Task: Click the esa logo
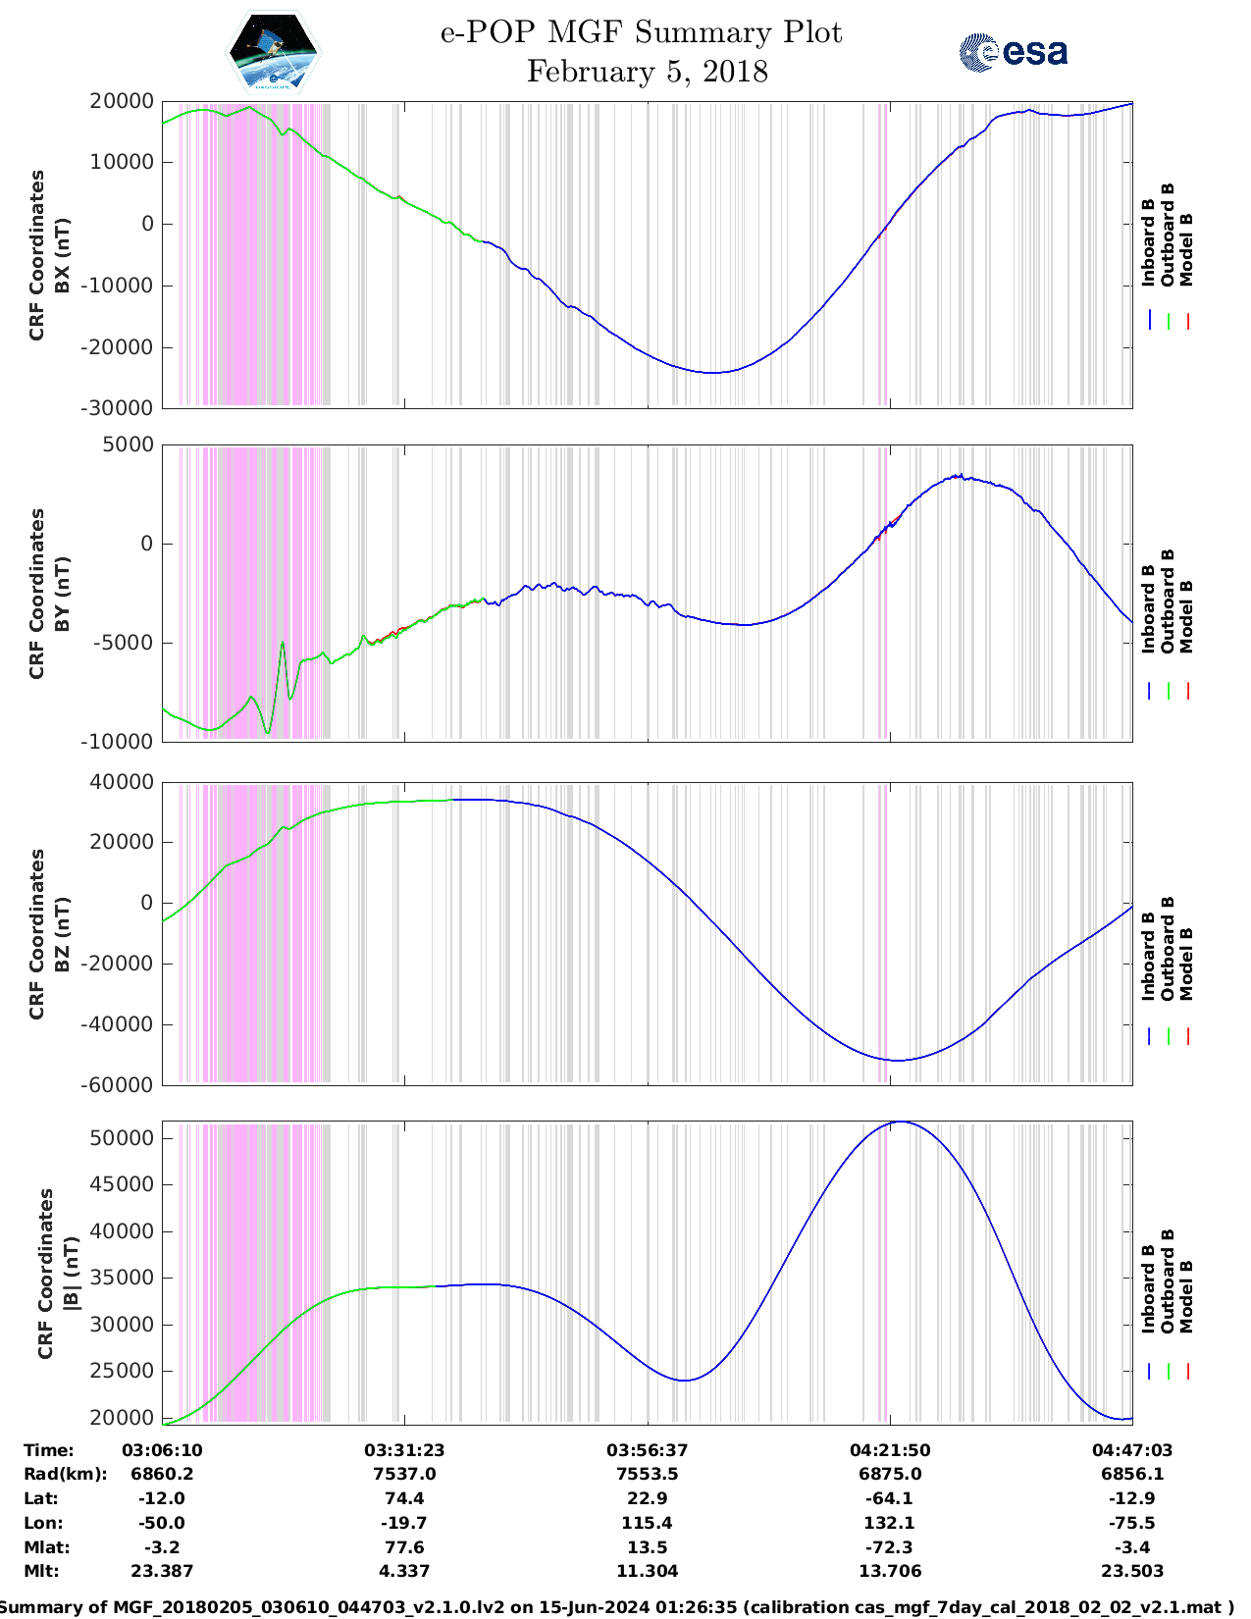1014,52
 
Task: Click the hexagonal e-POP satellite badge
274,52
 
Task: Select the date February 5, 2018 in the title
647,72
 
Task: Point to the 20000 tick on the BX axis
121,101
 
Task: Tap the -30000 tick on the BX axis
121,408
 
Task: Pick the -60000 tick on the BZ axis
121,1085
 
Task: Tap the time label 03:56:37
647,1450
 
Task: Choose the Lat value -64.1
890,1498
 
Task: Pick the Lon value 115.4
647,1523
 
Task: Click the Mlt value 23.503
1132,1571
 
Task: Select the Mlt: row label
41,1571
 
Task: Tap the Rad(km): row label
65,1474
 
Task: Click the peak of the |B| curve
901,1122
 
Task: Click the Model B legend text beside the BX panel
1186,249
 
